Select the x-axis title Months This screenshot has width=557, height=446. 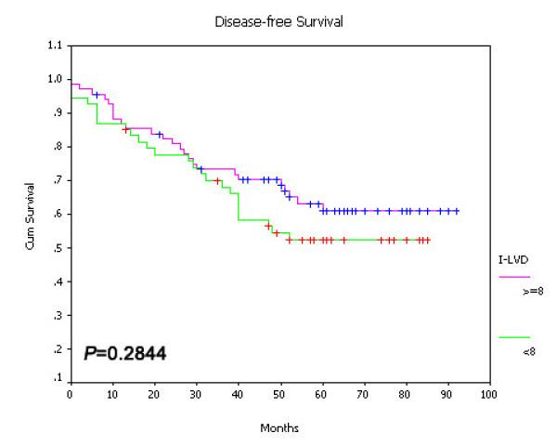click(x=278, y=428)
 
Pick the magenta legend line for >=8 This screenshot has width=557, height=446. click(x=514, y=277)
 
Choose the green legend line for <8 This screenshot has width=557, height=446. click(x=514, y=337)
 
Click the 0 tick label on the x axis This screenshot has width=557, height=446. click(x=70, y=393)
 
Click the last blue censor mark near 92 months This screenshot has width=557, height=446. click(x=457, y=211)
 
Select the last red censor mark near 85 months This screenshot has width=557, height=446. click(x=427, y=240)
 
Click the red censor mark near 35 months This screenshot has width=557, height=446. click(x=217, y=181)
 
